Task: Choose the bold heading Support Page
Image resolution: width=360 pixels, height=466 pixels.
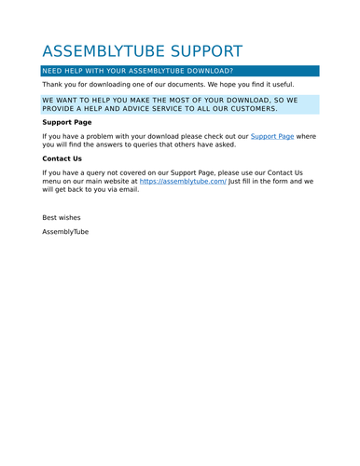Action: click(67, 122)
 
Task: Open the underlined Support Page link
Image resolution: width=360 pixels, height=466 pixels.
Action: click(272, 136)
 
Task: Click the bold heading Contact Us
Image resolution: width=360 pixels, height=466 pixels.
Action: click(62, 158)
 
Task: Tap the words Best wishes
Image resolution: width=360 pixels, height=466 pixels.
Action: click(62, 217)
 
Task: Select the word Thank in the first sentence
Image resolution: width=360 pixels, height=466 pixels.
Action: click(53, 84)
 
